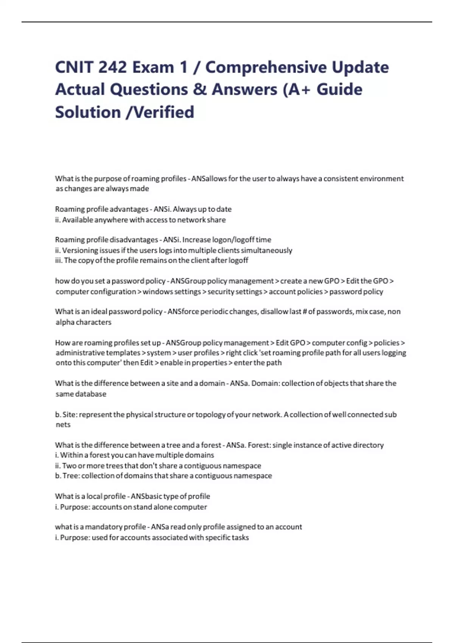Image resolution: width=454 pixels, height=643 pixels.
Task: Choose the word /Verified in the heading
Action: tap(159, 112)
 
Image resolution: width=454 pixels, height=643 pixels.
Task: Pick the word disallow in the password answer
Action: tap(274, 312)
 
